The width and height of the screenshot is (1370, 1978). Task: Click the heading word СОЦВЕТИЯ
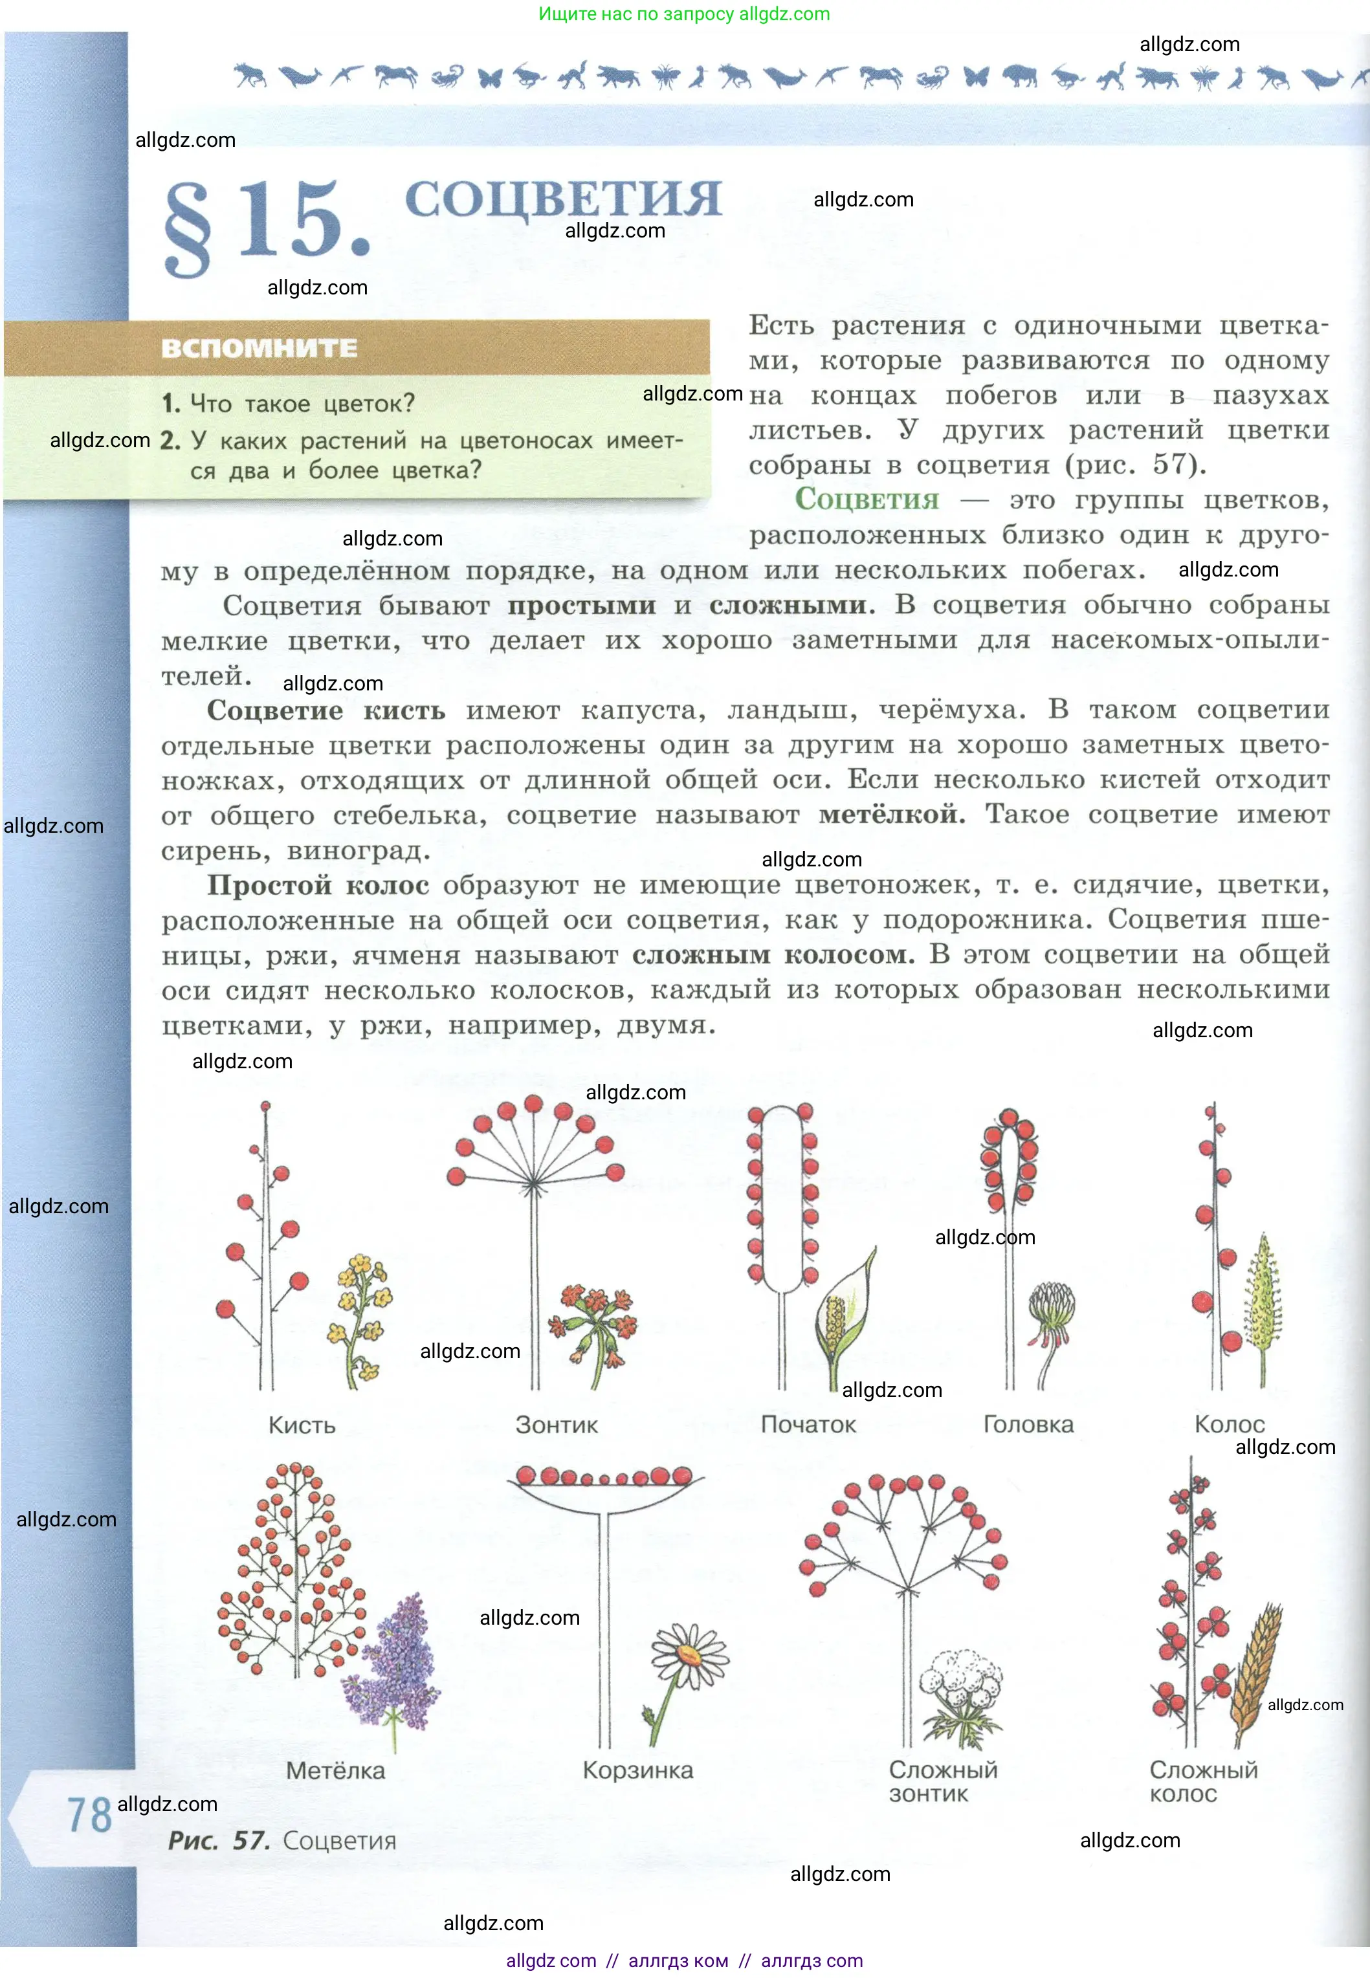tap(562, 199)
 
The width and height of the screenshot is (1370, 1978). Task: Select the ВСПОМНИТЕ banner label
tap(260, 348)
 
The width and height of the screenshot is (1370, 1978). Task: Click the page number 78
tap(89, 1815)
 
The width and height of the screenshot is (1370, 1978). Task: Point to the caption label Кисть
tap(302, 1425)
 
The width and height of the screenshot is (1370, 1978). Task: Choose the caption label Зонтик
tap(557, 1425)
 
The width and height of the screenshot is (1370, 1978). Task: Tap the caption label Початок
tap(808, 1425)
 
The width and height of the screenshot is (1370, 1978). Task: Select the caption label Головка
tap(1028, 1425)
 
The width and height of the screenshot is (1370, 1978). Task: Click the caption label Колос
tap(1228, 1425)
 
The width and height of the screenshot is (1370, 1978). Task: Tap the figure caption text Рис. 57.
tap(219, 1841)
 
